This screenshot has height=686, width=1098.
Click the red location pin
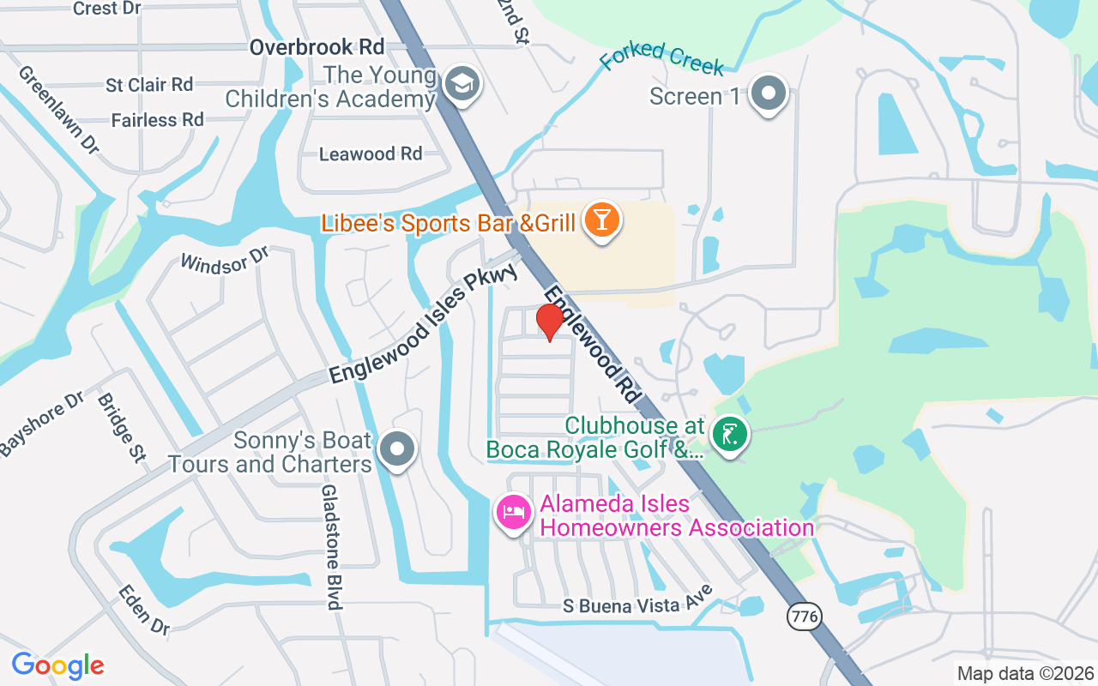click(x=550, y=322)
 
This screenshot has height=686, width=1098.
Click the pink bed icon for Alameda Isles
click(x=514, y=513)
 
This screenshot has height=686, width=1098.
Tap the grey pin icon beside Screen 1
click(x=769, y=93)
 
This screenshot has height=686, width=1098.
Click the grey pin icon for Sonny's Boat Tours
click(x=397, y=448)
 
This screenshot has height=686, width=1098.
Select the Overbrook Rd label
click(x=317, y=47)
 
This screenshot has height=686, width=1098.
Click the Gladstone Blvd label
click(x=331, y=546)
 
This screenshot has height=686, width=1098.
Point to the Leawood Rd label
click(x=371, y=154)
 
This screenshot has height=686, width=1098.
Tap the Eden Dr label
click(x=143, y=609)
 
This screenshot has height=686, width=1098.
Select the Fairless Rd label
click(x=158, y=120)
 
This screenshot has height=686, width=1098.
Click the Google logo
click(x=58, y=665)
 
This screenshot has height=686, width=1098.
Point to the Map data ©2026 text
click(x=1025, y=673)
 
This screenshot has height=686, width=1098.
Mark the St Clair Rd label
click(x=150, y=85)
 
